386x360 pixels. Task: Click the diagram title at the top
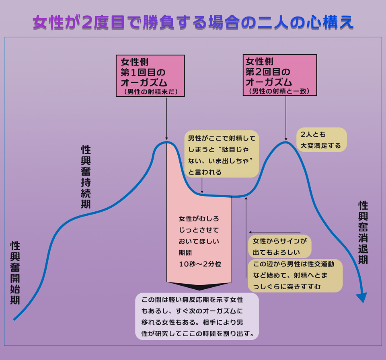point(193,23)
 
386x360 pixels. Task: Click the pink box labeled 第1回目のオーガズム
point(150,76)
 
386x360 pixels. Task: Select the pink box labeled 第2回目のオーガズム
point(280,76)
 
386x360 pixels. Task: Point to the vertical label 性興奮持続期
point(86,177)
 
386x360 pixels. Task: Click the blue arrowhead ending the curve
point(362,298)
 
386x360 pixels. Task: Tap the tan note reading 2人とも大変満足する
point(321,139)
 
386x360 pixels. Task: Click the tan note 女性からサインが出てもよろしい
point(280,247)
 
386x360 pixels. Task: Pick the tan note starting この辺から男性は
point(295,275)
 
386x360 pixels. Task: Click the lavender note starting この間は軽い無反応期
point(197,317)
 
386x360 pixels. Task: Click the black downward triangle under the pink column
point(199,286)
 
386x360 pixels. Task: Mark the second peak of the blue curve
point(285,142)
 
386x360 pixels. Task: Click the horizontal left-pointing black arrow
point(275,232)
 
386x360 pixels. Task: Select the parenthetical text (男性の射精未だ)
point(150,91)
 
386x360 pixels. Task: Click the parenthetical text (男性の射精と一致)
point(280,91)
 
